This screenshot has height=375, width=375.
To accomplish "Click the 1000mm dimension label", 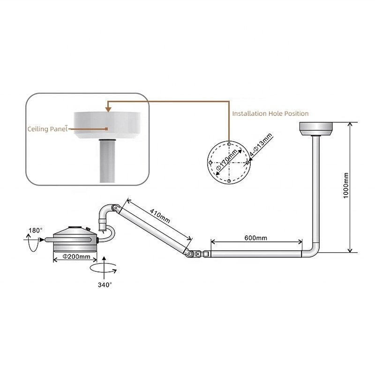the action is click(346, 185).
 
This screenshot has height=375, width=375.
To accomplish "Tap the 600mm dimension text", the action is click(255, 238).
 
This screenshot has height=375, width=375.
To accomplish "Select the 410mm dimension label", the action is click(160, 216).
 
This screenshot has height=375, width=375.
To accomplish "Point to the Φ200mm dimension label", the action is click(76, 256).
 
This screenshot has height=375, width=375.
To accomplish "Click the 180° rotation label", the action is click(36, 230).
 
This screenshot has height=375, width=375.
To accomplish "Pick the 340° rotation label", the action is click(105, 285).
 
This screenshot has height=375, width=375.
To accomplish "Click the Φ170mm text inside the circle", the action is click(226, 160).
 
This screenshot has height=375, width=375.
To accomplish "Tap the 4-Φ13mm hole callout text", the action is click(261, 144).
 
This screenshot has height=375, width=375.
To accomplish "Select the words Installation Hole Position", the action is click(270, 113).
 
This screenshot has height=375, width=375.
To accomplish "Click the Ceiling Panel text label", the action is click(48, 129).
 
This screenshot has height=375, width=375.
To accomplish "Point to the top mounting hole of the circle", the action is click(229, 144).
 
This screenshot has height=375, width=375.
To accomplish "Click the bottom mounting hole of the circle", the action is click(229, 181).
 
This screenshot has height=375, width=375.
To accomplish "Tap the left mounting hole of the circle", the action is click(210, 163).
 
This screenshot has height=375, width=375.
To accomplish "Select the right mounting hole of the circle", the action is click(247, 163).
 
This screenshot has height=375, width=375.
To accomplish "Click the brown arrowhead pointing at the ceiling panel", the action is click(108, 109).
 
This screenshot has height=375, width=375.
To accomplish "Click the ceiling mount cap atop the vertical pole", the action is click(316, 128).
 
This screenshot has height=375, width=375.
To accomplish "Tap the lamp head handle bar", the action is click(68, 240).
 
